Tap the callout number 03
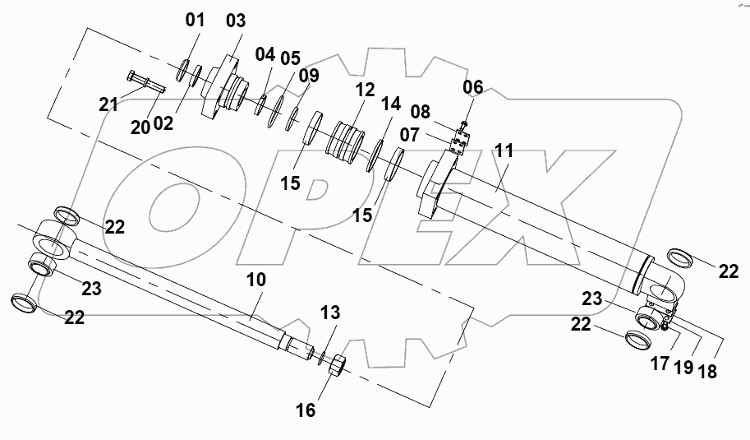pos(235,19)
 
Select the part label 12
pos(365,88)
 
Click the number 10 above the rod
pos(256,280)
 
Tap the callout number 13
pos(329,313)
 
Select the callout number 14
pos(391,104)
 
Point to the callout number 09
pos(308,76)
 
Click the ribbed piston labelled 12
pos(345,144)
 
